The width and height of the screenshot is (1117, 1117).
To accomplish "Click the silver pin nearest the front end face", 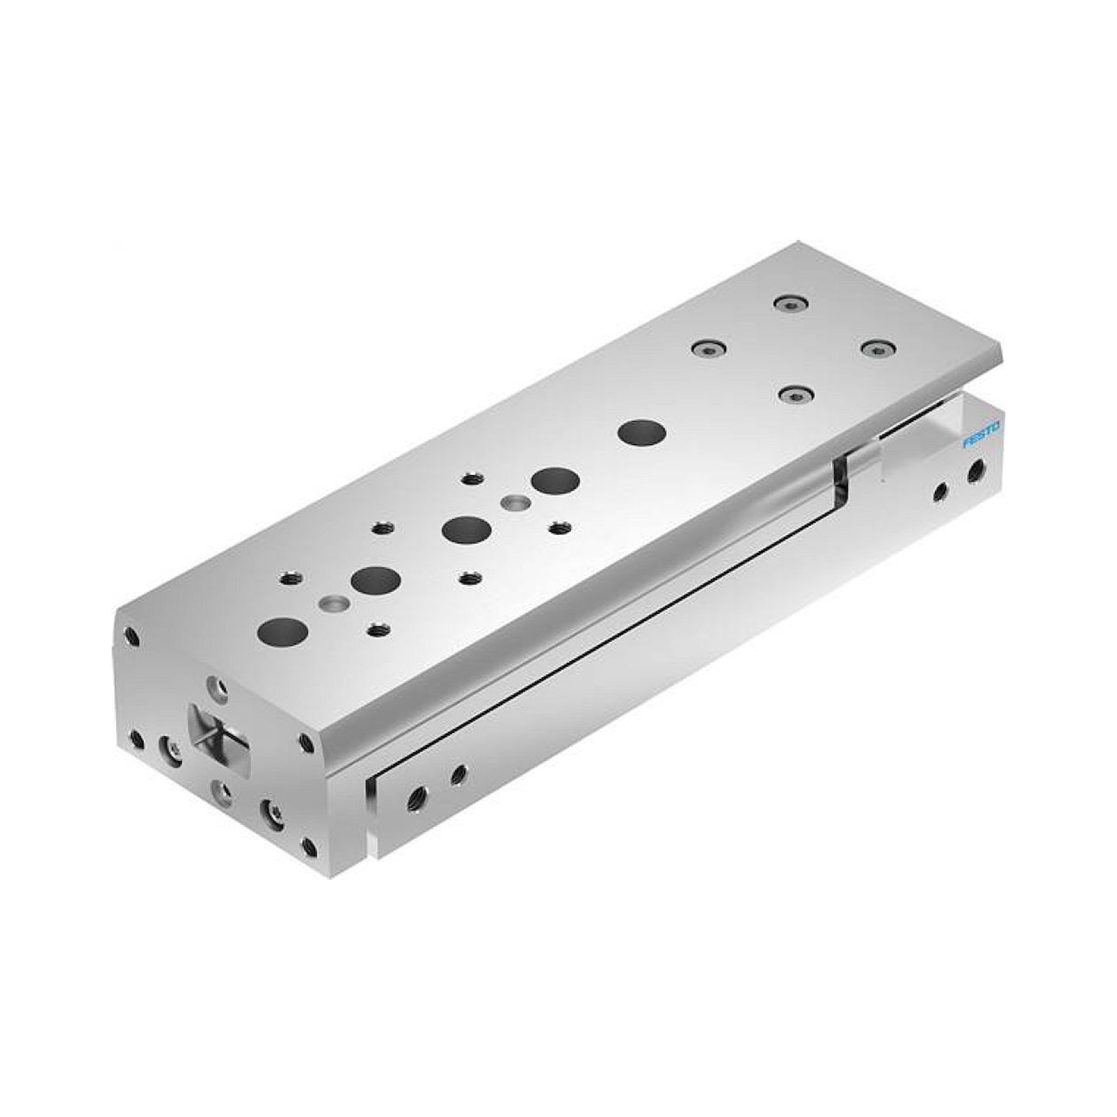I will (x=334, y=603).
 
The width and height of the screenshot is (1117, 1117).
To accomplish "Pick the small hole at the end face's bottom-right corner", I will (x=310, y=848).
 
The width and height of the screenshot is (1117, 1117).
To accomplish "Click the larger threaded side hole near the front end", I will (x=414, y=799).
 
